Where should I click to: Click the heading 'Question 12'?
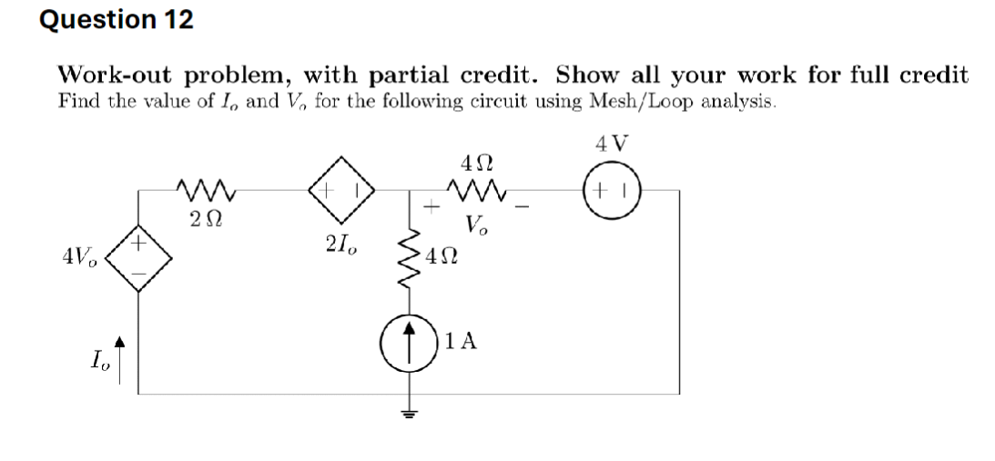(x=117, y=20)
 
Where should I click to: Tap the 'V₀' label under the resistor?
(x=474, y=225)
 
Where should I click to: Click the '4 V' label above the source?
(x=612, y=143)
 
